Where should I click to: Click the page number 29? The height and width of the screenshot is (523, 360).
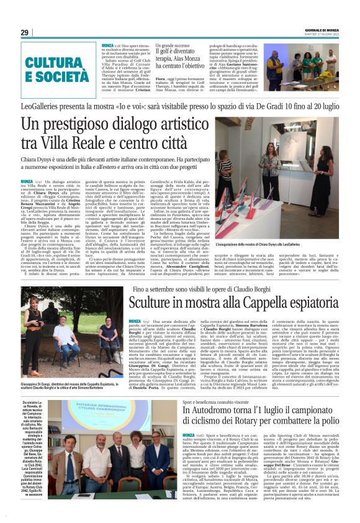(24, 32)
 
